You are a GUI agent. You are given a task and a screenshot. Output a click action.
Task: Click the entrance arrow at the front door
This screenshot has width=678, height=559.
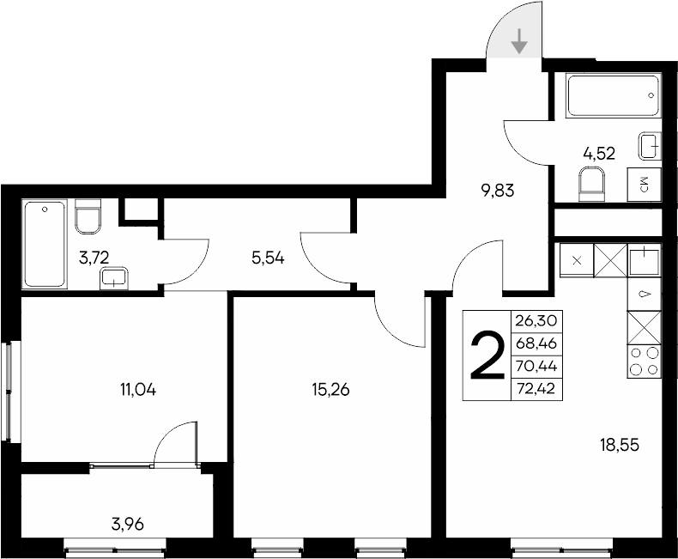tap(519, 41)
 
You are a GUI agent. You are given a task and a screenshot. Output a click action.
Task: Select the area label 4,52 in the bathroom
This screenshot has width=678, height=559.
tap(598, 154)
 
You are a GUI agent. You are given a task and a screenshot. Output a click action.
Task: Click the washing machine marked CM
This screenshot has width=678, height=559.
tap(645, 184)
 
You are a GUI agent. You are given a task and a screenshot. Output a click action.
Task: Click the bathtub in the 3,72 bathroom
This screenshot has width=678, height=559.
tap(45, 244)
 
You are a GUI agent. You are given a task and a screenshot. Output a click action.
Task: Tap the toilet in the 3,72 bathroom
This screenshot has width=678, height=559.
tap(88, 216)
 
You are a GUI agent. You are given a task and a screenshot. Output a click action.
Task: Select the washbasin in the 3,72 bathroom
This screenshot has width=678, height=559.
tap(114, 277)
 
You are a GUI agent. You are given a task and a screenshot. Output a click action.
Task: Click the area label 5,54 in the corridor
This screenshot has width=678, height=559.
tap(267, 256)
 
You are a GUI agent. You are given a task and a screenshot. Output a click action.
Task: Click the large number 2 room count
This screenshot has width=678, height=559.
tap(486, 356)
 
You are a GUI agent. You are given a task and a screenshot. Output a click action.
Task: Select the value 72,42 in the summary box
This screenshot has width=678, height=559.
tap(536, 389)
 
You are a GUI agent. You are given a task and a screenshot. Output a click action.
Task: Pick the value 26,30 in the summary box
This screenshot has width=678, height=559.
tap(536, 320)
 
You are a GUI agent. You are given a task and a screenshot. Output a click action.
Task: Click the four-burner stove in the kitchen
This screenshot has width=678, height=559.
tap(645, 361)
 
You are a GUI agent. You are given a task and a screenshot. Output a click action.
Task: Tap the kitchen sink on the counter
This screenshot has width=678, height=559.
tap(645, 258)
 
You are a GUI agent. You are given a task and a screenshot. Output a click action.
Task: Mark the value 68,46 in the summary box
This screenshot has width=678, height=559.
tap(536, 343)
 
